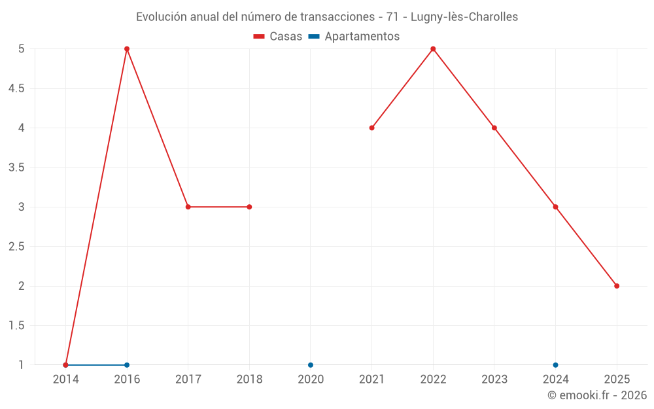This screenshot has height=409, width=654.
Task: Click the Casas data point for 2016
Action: pos(127,49)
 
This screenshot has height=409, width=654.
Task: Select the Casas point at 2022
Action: pos(433,49)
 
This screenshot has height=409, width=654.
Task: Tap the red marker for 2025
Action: pos(617,286)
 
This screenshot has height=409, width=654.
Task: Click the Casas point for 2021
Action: pos(371,128)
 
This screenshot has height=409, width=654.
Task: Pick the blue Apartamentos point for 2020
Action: pos(311,365)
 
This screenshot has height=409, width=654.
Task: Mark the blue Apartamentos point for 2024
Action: pos(555,365)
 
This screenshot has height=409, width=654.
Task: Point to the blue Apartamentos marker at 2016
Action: pos(127,365)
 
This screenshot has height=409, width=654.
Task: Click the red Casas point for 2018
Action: pos(249,207)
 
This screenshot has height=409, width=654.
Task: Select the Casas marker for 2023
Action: pos(494,128)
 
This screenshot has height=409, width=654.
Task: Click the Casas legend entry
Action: pos(278,37)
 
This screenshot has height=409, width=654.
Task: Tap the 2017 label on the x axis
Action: pos(188,380)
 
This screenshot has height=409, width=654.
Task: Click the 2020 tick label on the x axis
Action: pos(311,380)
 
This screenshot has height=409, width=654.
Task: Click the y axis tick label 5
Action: pos(22,49)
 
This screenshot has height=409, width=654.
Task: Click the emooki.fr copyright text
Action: pos(597,395)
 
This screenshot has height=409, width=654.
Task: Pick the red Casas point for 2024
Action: pos(555,207)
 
